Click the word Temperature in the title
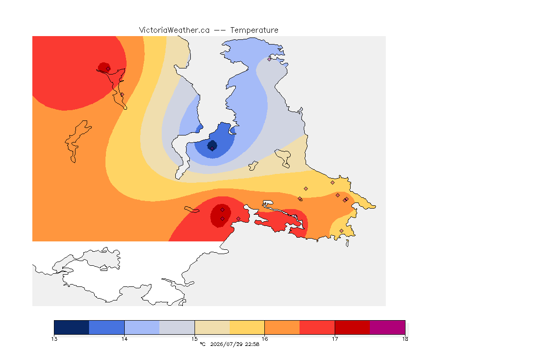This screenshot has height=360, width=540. [x=254, y=30]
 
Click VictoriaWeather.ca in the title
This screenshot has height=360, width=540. [x=174, y=30]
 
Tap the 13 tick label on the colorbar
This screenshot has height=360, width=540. [x=54, y=339]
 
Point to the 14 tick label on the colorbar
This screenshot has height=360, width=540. [x=124, y=339]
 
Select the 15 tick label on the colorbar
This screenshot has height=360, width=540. [x=195, y=339]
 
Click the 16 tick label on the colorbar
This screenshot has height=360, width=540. [x=264, y=339]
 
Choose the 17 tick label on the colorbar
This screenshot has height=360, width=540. [x=335, y=339]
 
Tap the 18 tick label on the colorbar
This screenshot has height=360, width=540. [x=405, y=339]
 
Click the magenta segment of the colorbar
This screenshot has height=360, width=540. [x=388, y=327]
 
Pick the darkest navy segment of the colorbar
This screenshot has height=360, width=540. [x=72, y=327]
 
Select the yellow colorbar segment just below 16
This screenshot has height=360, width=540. [x=247, y=327]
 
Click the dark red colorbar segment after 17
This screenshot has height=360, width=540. [x=352, y=327]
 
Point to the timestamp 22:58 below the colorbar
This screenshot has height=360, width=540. [x=252, y=344]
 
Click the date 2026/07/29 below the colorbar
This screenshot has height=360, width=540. [x=226, y=344]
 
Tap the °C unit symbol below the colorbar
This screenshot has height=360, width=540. [x=202, y=344]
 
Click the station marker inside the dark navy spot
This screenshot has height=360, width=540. [x=212, y=149]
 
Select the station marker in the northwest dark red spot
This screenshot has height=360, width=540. [x=108, y=69]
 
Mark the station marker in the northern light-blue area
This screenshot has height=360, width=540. [x=270, y=59]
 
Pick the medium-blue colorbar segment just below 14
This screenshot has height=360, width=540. [x=107, y=327]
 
